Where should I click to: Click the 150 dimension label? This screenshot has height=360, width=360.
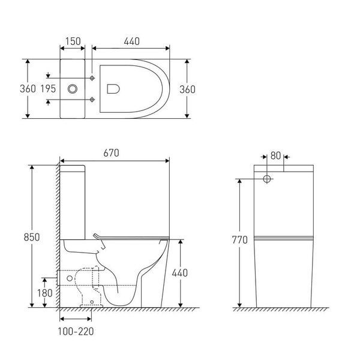[73, 41]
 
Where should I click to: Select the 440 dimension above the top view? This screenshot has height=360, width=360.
[131, 41]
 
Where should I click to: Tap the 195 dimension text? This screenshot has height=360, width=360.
[48, 89]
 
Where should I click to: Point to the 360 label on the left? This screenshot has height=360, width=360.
[28, 89]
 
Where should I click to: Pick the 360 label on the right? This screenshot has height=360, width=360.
[187, 89]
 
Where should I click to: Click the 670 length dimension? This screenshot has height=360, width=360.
[111, 153]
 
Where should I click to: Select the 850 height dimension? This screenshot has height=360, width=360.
[32, 237]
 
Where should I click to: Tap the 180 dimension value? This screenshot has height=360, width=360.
[45, 293]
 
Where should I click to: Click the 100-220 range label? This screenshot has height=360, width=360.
[76, 331]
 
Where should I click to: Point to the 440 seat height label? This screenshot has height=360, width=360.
[180, 273]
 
